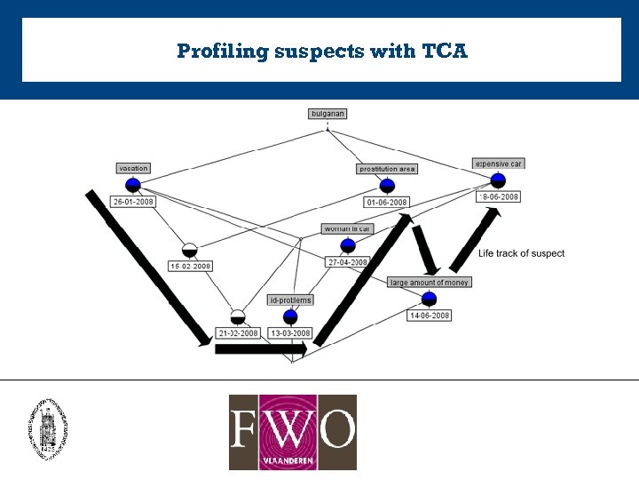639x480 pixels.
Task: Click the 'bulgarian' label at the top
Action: click(x=327, y=114)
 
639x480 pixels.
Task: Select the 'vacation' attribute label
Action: click(x=133, y=168)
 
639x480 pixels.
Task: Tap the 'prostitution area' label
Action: click(x=387, y=169)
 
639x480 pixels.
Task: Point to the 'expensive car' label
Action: click(x=499, y=164)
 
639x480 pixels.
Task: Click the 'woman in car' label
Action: click(x=347, y=229)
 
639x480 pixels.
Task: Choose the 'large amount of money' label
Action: click(x=430, y=282)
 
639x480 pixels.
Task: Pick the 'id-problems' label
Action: click(x=290, y=300)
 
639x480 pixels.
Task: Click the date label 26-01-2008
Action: click(x=133, y=202)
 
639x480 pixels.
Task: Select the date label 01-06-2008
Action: click(x=387, y=203)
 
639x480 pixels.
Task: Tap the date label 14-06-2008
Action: click(x=430, y=316)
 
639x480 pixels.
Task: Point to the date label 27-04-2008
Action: click(x=347, y=262)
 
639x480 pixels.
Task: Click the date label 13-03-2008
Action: click(x=290, y=333)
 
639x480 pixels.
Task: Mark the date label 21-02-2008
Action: click(x=238, y=333)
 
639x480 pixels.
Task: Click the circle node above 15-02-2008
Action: click(x=189, y=249)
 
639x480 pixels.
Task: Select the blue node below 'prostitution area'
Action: click(x=387, y=186)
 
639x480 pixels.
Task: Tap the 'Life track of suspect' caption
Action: click(x=521, y=253)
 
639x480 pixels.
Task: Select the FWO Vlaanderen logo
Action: click(x=293, y=432)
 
